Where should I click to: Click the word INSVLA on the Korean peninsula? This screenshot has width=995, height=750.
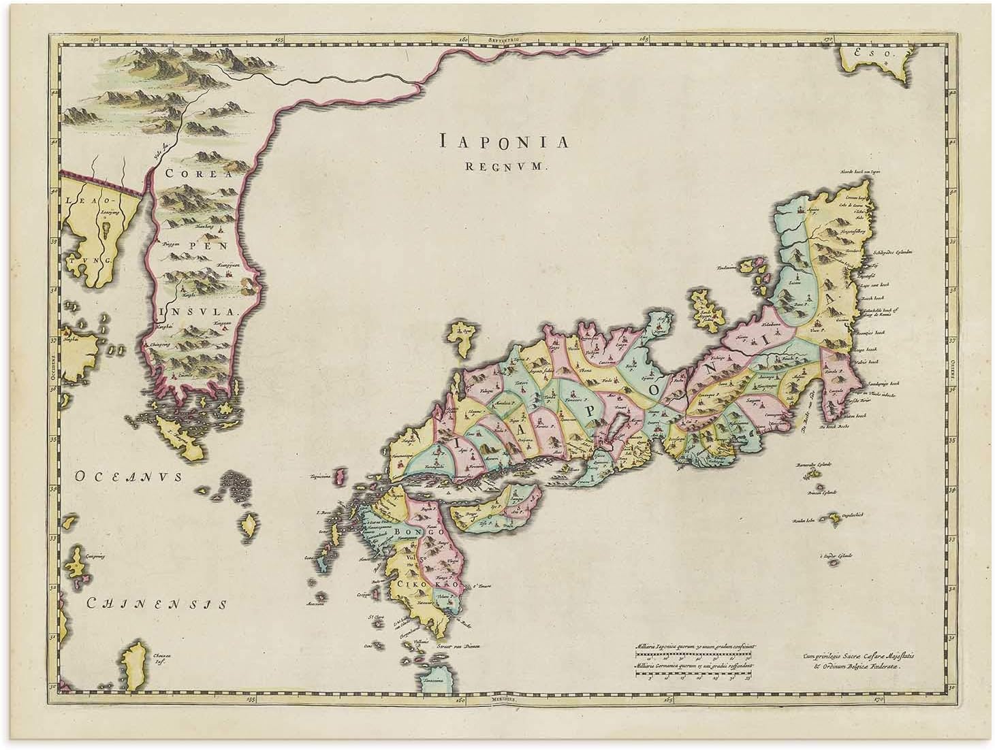pyautogui.click(x=199, y=312)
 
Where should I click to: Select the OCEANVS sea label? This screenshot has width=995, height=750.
pyautogui.click(x=129, y=477)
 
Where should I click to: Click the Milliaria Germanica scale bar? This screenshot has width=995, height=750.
pyautogui.click(x=693, y=674)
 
